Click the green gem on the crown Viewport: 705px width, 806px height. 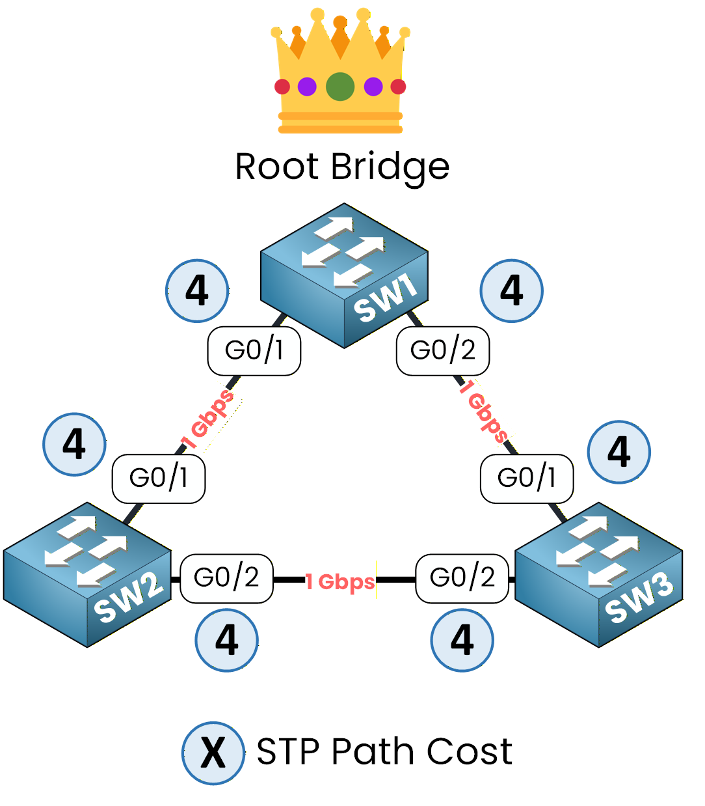click(340, 87)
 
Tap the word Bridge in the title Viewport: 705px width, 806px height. click(390, 167)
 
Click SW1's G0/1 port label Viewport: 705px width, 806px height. click(254, 351)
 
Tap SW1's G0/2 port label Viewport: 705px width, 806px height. click(443, 351)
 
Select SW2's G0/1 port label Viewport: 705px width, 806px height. click(159, 479)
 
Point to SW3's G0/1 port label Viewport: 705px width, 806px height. click(527, 479)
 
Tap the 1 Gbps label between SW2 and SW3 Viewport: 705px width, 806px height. click(340, 581)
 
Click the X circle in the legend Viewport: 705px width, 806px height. click(213, 753)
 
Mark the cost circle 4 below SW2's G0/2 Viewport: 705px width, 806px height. click(227, 640)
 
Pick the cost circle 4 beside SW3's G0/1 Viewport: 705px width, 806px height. click(619, 452)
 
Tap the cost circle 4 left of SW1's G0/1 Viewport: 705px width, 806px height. click(197, 291)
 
